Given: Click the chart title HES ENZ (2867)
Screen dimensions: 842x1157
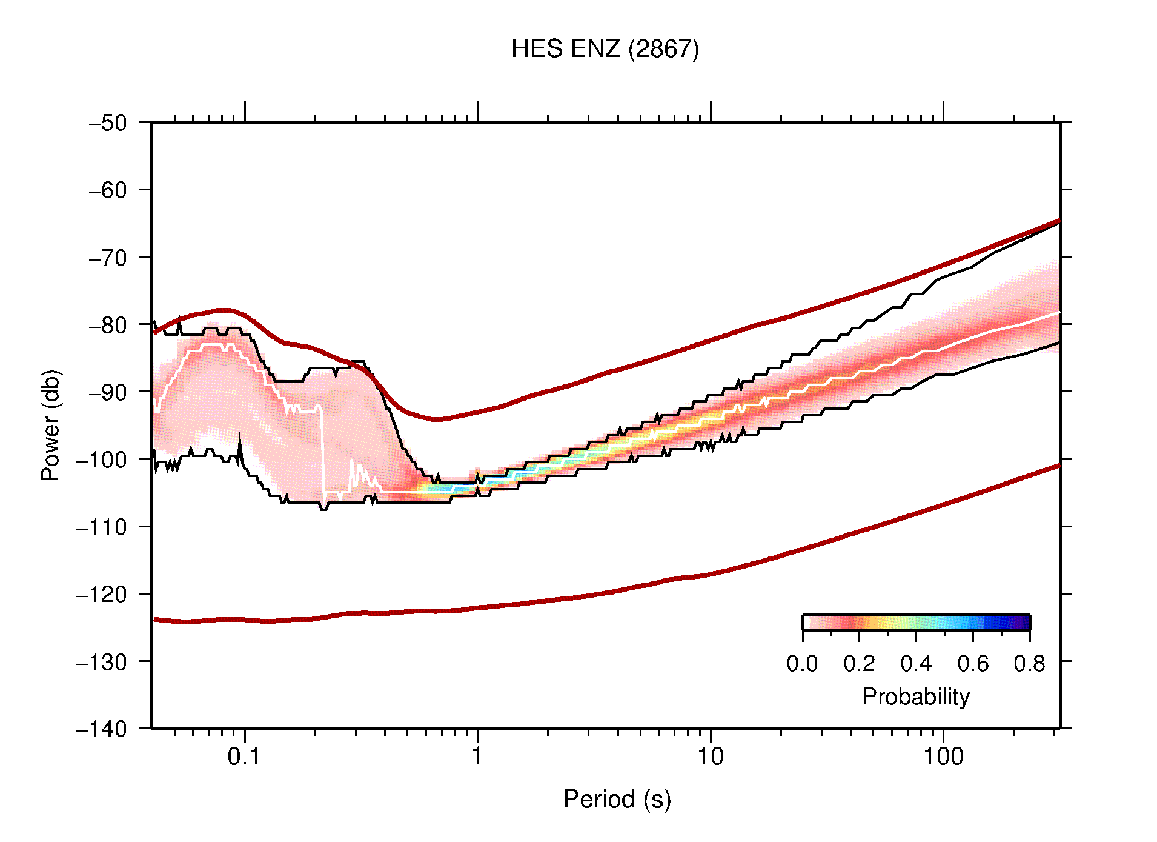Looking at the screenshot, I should (605, 49).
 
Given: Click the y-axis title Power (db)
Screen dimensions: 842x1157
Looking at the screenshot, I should (51, 425).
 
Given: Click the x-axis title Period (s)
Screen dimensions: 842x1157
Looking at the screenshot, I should (617, 800).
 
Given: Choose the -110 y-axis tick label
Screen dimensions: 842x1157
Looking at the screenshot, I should (102, 527).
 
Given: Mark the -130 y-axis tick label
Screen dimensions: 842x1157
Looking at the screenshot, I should (102, 661).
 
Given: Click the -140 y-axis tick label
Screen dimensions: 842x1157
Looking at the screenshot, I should (102, 729).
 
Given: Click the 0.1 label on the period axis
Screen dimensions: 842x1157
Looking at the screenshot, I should (244, 757).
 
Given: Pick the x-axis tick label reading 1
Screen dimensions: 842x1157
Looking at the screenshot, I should (477, 757).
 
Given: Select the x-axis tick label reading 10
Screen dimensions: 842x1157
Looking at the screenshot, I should (710, 757).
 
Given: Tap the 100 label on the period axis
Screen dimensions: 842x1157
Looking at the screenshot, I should (943, 757).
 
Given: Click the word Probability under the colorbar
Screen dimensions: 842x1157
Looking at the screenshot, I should (915, 697).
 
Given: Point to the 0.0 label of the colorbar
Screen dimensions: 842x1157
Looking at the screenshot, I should (802, 664).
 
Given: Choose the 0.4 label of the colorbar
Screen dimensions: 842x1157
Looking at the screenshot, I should (916, 664).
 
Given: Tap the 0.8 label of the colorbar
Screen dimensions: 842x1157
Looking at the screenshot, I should (1029, 664).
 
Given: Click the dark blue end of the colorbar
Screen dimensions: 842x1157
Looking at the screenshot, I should (1024, 623).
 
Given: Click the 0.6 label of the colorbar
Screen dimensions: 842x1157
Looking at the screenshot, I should (973, 664).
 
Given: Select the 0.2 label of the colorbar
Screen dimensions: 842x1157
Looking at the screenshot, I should (859, 664).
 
